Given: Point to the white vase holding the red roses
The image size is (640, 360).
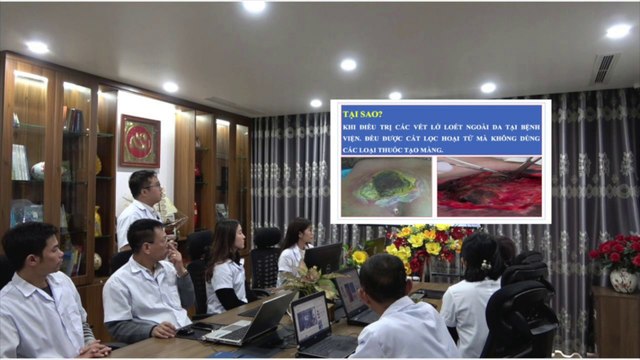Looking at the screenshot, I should point(621,279).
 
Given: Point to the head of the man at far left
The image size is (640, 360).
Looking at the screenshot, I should point(31,249).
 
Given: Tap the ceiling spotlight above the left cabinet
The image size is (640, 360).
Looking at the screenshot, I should point(37,47).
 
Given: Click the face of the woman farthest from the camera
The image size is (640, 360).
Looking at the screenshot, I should point(297,234).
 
